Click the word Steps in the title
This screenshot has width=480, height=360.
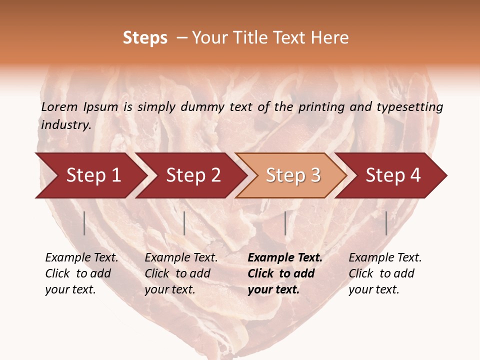[x=145, y=38]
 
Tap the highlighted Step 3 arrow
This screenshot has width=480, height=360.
[x=293, y=175]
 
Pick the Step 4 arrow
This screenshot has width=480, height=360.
[x=393, y=175]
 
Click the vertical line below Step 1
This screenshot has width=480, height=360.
[x=84, y=223]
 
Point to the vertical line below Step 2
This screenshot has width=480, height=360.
[x=184, y=223]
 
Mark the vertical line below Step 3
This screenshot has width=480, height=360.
[x=285, y=223]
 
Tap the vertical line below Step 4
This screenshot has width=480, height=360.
[x=386, y=223]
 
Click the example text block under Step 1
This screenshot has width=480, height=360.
[x=81, y=273]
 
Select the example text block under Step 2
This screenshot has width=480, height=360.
[x=181, y=273]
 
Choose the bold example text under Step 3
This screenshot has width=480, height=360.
[x=285, y=273]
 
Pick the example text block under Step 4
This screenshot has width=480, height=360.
[x=385, y=273]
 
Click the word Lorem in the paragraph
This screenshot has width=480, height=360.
[x=60, y=106]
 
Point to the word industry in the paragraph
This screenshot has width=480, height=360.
[x=66, y=124]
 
